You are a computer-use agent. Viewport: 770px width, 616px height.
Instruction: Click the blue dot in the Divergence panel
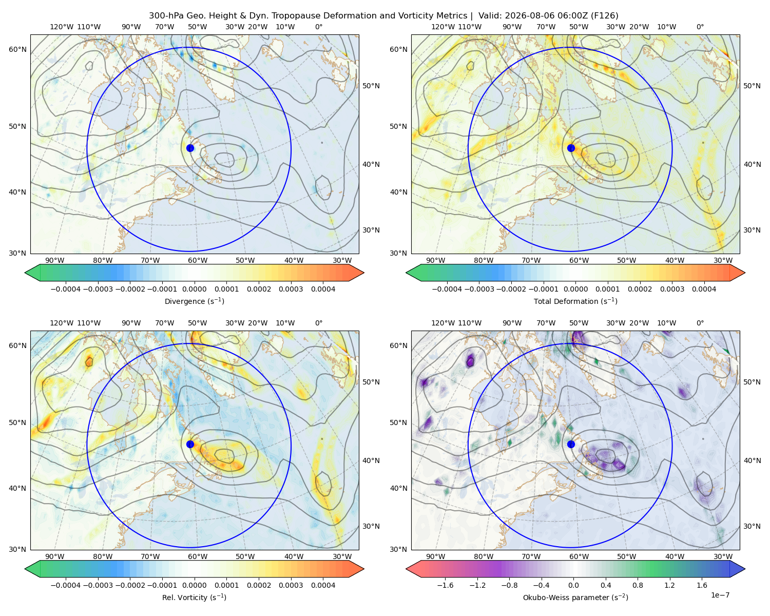(190, 148)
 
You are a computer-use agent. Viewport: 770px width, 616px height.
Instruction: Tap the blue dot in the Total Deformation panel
(571, 148)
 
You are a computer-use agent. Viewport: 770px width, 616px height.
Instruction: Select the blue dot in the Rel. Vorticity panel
(190, 444)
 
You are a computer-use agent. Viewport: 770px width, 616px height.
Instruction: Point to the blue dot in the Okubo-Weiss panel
(571, 444)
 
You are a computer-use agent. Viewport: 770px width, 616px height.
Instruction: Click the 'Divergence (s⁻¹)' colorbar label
(194, 301)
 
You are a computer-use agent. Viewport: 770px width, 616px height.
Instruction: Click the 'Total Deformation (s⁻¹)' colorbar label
(575, 301)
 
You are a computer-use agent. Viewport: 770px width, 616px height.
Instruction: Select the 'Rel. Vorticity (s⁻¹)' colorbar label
(194, 598)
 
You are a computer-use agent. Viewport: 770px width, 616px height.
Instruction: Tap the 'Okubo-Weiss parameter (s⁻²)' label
(575, 598)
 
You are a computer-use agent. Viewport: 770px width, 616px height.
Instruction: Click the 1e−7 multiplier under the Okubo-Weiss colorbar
(720, 595)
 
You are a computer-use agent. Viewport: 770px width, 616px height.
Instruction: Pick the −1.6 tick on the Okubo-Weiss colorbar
(445, 585)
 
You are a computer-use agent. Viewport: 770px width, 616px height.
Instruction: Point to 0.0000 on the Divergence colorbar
(194, 289)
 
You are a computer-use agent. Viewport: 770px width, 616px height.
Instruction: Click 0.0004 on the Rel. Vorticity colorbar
(323, 585)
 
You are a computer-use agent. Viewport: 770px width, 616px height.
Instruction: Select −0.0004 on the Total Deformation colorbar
(447, 289)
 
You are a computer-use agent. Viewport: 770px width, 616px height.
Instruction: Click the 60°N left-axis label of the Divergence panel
(17, 49)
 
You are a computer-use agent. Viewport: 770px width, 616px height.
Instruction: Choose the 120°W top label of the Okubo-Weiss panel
(443, 323)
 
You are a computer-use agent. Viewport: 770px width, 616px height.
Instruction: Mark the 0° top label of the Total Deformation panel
(700, 27)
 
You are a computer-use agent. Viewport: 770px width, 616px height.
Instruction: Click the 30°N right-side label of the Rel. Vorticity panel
(371, 526)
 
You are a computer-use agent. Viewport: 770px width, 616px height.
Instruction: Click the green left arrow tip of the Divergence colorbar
(25, 273)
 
